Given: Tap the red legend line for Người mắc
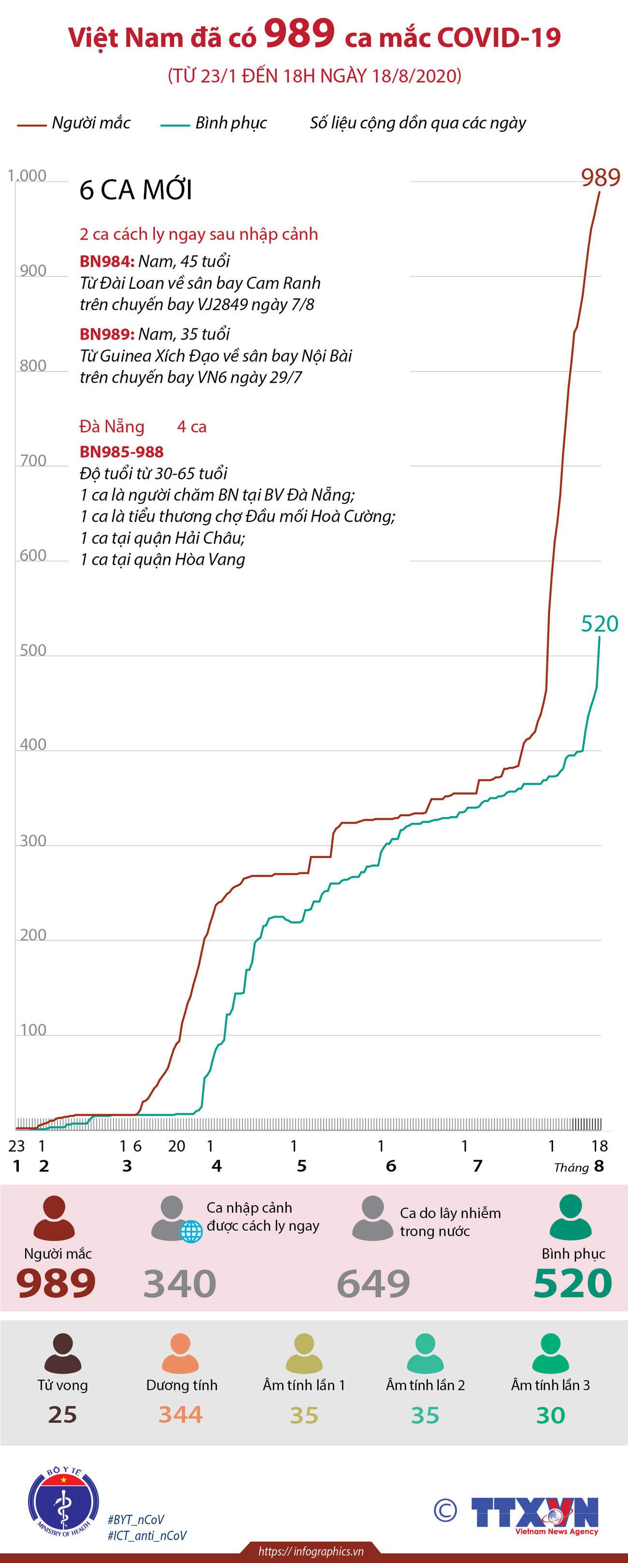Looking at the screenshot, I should click(31, 126).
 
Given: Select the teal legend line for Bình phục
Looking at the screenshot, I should click(175, 126).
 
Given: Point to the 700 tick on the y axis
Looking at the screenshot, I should click(33, 461).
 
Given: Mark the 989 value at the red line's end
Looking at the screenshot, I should click(600, 178).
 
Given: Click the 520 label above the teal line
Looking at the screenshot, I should click(599, 624).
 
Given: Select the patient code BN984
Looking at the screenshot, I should click(107, 261).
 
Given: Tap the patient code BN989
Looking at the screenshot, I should click(107, 334).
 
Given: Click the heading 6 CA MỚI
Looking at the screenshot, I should click(136, 190).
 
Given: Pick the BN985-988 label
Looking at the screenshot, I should click(121, 452).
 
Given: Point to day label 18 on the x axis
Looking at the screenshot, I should click(599, 1146).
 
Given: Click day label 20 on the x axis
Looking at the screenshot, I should click(177, 1146).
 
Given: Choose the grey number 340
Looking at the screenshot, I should click(180, 1283).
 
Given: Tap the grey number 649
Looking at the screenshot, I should click(373, 1283).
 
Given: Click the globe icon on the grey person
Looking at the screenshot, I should click(191, 1232).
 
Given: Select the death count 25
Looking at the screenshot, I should click(62, 1414).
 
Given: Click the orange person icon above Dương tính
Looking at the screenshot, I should click(181, 1353).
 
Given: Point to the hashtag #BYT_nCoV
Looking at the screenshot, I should click(136, 1520).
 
